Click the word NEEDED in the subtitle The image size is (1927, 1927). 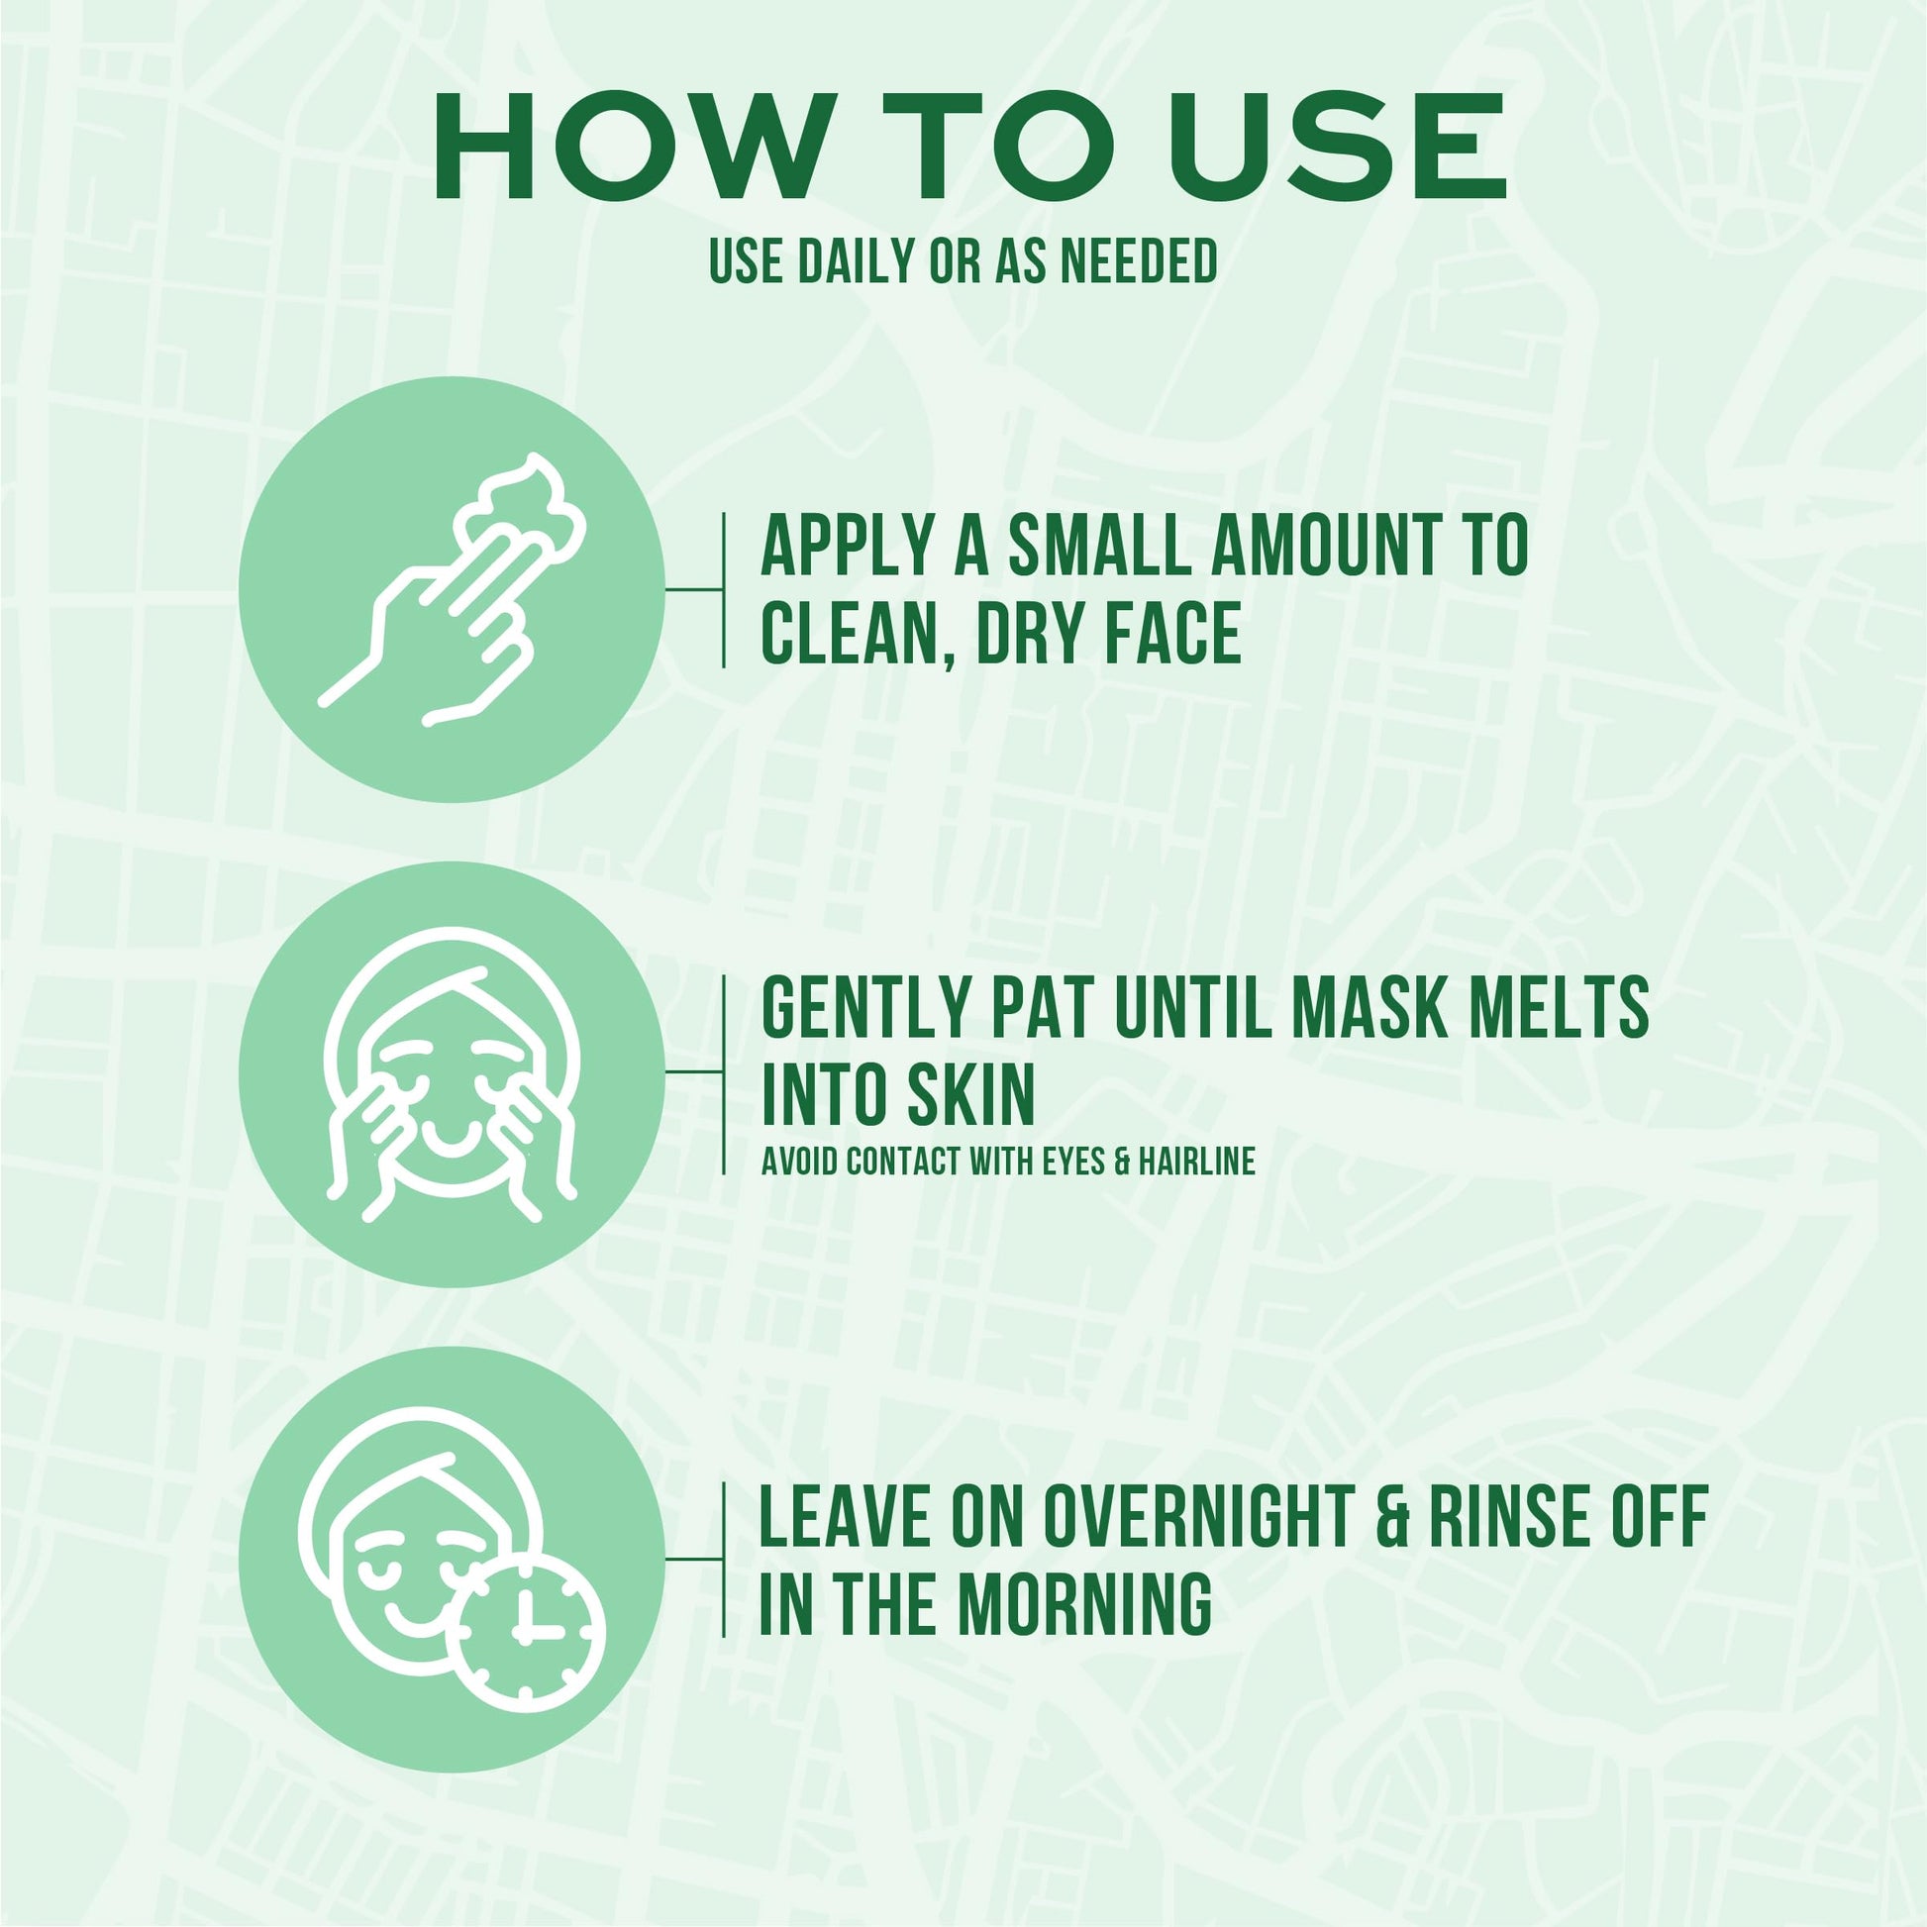(x=1137, y=261)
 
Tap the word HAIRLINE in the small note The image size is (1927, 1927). (x=1198, y=1161)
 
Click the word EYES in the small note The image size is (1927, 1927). (x=1075, y=1161)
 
